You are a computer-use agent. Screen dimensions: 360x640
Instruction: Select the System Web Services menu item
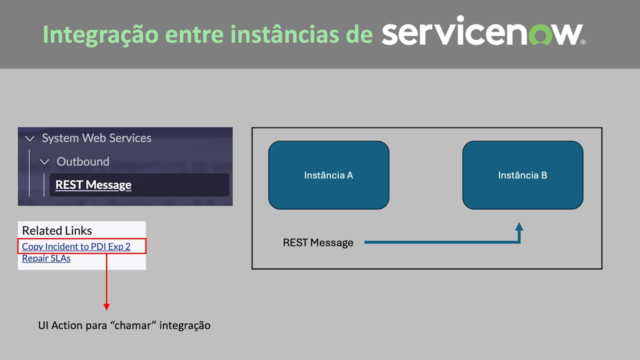coord(96,138)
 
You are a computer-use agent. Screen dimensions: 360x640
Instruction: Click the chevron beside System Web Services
coord(30,138)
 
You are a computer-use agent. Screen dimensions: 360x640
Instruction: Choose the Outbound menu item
coord(83,161)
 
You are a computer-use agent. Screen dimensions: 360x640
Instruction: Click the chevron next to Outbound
coord(44,162)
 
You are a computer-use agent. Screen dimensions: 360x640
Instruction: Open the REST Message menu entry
coord(93,185)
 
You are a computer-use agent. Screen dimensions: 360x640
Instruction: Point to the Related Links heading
coord(57,230)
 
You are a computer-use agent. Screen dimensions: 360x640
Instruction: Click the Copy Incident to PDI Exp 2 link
coord(76,246)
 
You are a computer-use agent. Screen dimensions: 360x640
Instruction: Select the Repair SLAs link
coord(46,258)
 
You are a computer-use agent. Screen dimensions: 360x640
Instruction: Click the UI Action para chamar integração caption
coord(124,325)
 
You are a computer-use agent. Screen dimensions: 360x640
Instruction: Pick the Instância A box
coord(328,175)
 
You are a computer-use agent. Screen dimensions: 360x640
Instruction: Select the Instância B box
coord(522,175)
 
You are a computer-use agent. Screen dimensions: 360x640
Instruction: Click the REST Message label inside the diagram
coord(318,242)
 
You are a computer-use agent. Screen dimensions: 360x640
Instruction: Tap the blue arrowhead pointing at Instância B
coord(519,226)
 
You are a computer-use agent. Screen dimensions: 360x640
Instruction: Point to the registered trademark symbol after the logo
coord(583,43)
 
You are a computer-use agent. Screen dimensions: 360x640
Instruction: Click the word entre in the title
coord(194,34)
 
